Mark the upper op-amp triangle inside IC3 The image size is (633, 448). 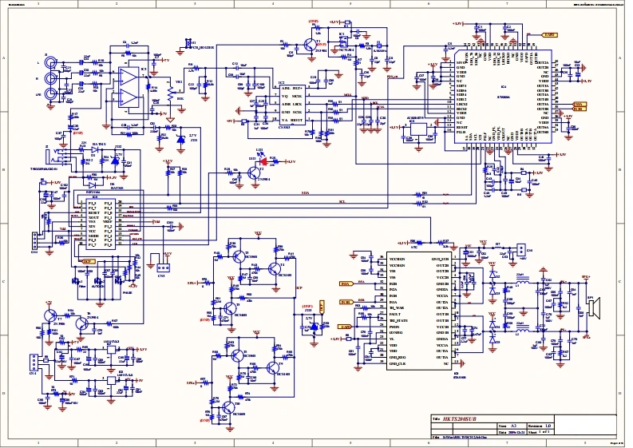tap(126, 77)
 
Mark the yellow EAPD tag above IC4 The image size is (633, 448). tap(549, 35)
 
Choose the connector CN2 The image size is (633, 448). tap(33, 242)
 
